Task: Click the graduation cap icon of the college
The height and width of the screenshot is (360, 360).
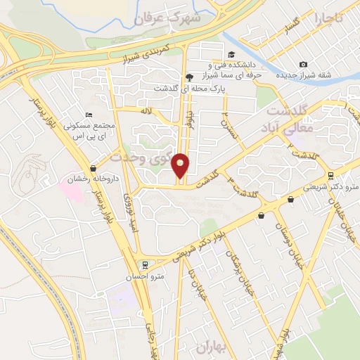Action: [231, 54]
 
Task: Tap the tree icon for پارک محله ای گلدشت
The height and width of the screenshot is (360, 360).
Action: [188, 77]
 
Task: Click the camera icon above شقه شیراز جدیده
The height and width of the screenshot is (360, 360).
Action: [303, 65]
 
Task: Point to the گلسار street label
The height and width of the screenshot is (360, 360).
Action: [286, 29]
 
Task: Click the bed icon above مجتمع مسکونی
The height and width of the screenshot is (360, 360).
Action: [88, 115]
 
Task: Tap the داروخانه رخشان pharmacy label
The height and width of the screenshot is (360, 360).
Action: [81, 179]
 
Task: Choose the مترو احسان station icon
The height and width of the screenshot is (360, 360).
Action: [144, 265]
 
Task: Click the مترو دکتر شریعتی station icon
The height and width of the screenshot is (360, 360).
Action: [331, 175]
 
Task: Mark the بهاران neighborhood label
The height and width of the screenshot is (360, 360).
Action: [208, 346]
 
